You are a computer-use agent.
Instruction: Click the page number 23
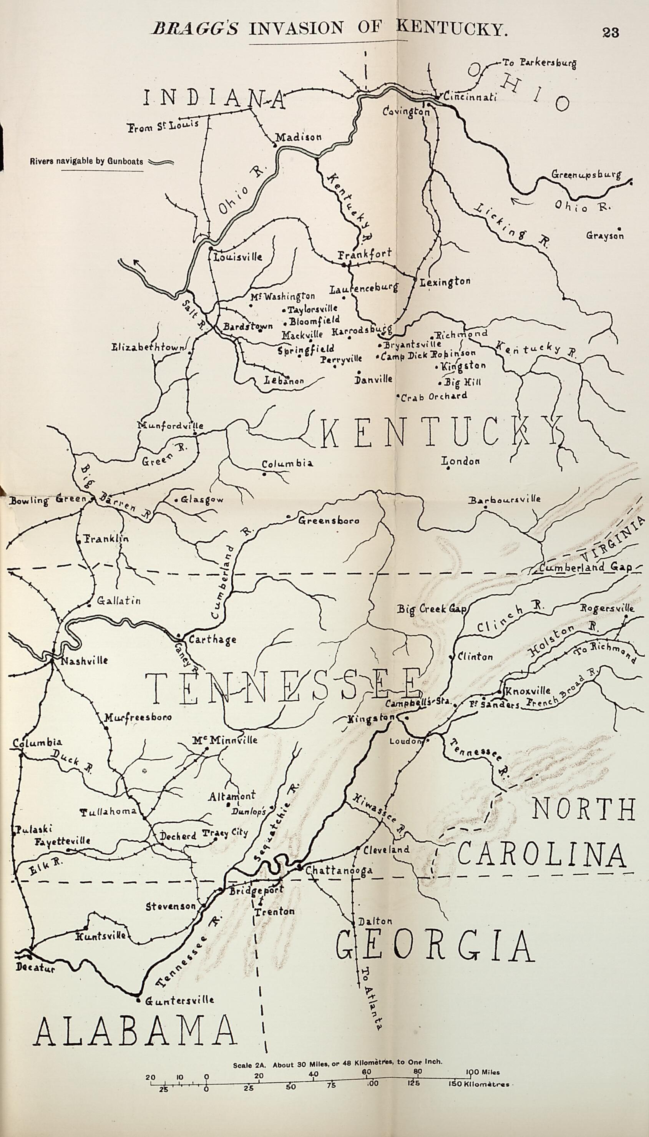(x=610, y=33)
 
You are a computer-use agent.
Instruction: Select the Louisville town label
(x=238, y=257)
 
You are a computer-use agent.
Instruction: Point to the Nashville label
(x=84, y=660)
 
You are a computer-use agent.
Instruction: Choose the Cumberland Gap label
(x=585, y=568)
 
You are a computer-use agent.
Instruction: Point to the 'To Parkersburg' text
(x=539, y=63)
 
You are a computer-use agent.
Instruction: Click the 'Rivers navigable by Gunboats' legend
(x=87, y=161)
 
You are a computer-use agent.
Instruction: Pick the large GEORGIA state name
(x=434, y=947)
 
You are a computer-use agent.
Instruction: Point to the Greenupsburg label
(x=586, y=174)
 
